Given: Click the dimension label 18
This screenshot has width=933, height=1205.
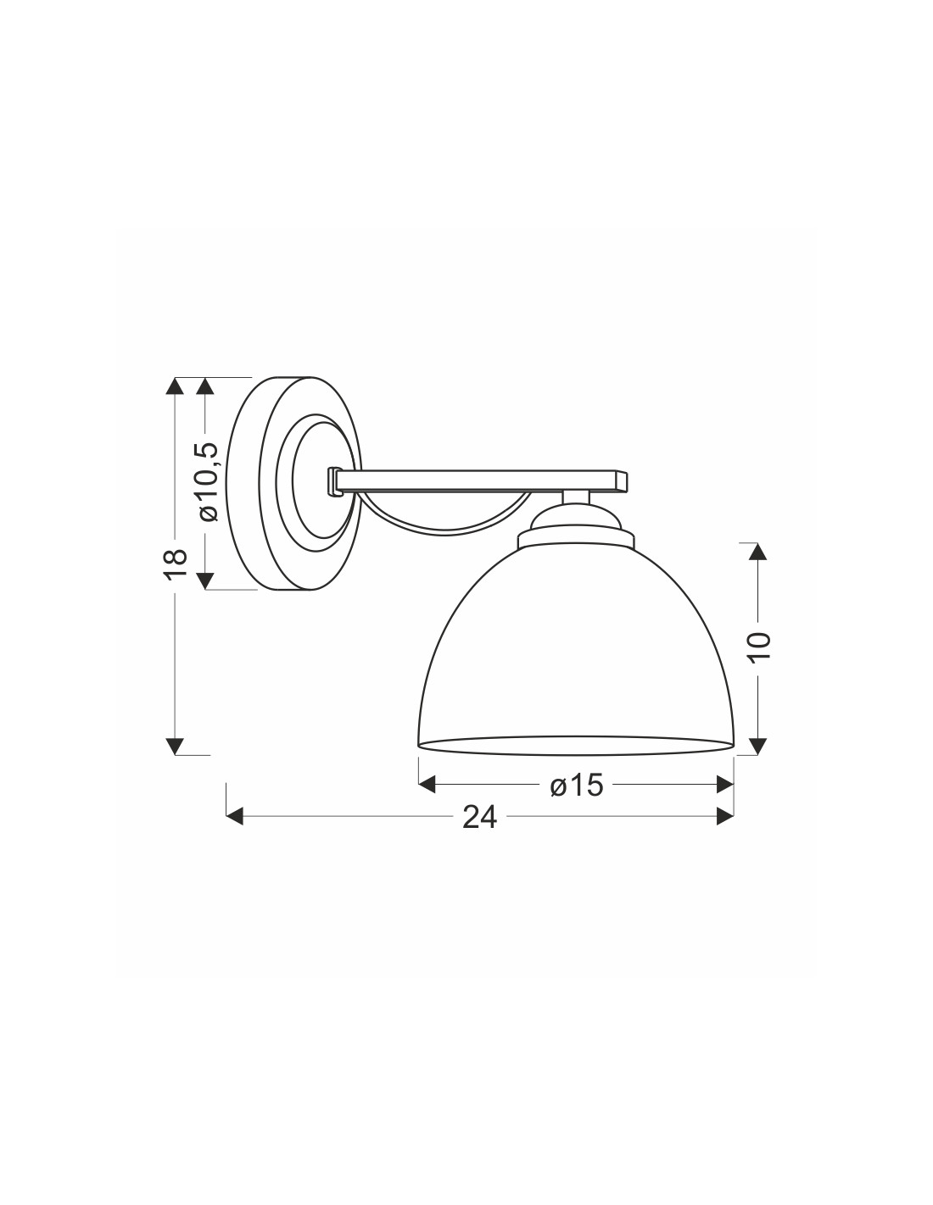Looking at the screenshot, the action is tap(175, 564).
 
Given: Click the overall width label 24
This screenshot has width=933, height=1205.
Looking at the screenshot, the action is tap(479, 817).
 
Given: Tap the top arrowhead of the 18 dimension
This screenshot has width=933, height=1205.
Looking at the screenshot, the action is tap(175, 386).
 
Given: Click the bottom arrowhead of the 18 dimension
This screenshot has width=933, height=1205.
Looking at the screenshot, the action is tap(175, 746).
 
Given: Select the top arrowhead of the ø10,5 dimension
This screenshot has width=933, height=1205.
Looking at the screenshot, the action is tap(205, 386).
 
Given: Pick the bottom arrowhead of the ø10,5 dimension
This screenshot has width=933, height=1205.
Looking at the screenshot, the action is tap(205, 580).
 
